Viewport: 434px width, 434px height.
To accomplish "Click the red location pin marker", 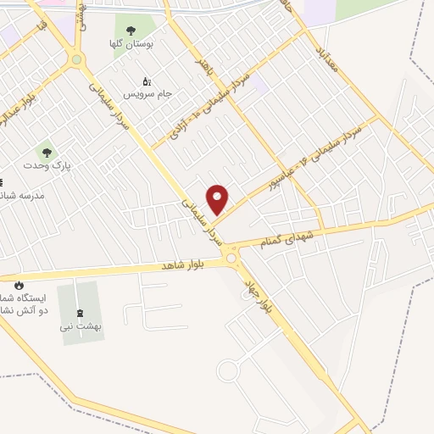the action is (218, 198).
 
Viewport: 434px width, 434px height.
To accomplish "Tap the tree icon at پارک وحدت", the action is (46, 152).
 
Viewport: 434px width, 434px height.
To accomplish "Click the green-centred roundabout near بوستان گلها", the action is (77, 59).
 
